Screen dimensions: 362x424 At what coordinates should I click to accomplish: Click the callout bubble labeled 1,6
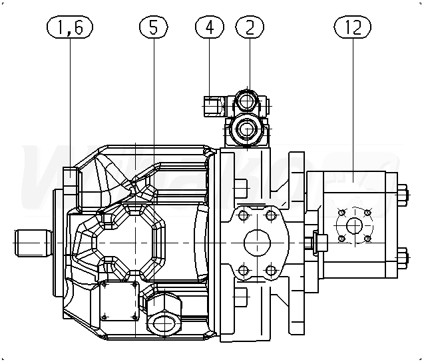(70, 27)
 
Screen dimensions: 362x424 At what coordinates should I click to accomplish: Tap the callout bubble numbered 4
(210, 27)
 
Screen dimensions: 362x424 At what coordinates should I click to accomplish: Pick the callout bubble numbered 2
(249, 27)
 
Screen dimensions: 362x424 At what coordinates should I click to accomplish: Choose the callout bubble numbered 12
(353, 27)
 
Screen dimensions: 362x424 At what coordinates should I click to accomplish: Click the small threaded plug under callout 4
(212, 106)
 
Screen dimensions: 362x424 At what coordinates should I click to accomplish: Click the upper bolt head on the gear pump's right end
(402, 196)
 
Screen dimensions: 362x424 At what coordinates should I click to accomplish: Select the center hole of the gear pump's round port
(354, 226)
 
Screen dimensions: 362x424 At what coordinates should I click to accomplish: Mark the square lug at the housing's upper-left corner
(71, 179)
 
